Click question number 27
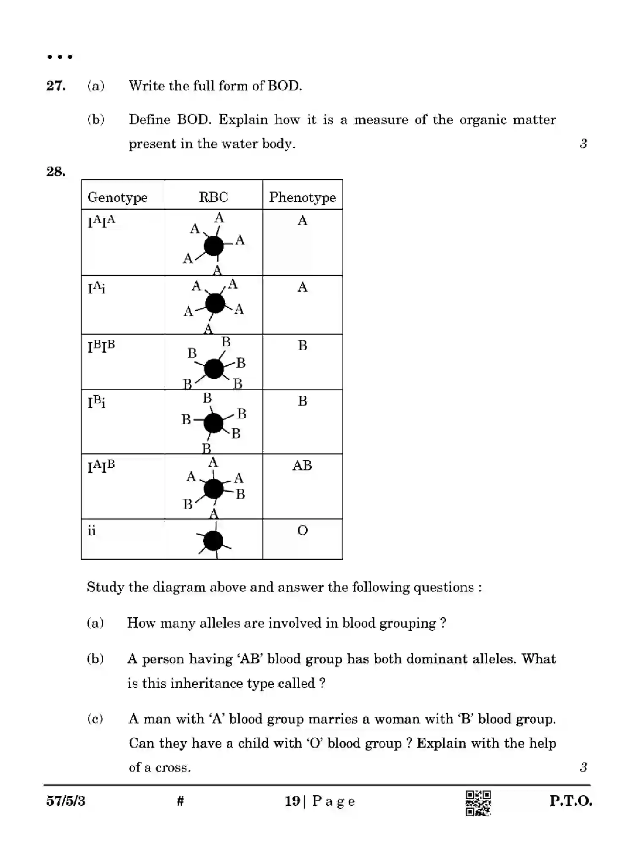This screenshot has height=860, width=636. [x=56, y=86]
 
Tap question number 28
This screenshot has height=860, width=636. [x=56, y=172]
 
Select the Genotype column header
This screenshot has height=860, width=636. [x=117, y=197]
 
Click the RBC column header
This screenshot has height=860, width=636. [x=213, y=197]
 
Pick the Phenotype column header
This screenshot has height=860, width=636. [x=302, y=197]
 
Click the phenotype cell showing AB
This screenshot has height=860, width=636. [x=302, y=466]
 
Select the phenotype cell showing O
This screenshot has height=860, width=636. [x=302, y=530]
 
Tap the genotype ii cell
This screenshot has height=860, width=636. [x=92, y=531]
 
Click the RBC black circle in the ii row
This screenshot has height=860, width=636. [x=213, y=541]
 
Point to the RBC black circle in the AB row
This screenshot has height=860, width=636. [x=213, y=489]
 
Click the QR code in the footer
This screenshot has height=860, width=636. [x=478, y=802]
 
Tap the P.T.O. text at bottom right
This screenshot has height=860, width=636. [x=570, y=801]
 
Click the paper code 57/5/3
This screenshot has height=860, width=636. [x=66, y=801]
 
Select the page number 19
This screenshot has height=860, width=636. [x=292, y=801]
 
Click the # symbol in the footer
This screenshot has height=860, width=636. [x=180, y=801]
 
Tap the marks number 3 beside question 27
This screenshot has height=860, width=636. [x=583, y=144]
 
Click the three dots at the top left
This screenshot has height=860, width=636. [x=60, y=57]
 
